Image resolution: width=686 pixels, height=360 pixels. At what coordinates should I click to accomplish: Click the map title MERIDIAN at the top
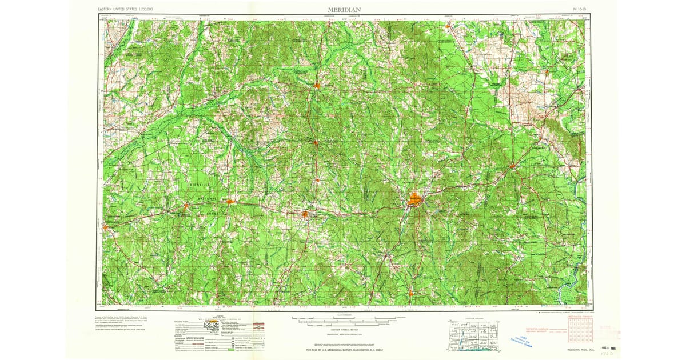(x=344, y=10)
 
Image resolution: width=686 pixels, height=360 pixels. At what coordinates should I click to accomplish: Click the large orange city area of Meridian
(x=415, y=200)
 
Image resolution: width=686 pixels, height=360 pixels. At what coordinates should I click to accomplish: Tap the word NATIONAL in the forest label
(x=208, y=198)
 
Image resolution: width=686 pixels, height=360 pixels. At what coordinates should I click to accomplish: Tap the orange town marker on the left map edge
(x=105, y=227)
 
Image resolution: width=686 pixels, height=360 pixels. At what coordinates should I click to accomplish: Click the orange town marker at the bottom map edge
(x=410, y=294)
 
